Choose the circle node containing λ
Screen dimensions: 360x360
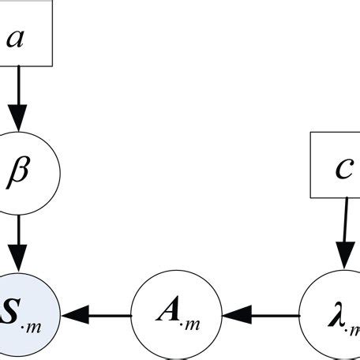[332, 315]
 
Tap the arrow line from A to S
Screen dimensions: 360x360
[103, 315]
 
